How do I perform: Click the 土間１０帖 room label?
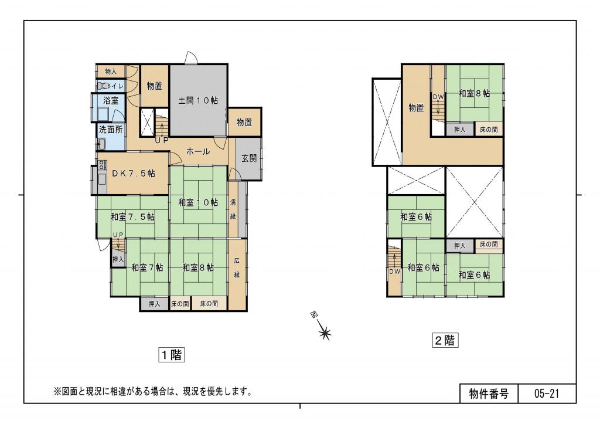point(198,101)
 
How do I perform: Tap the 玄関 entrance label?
point(248,158)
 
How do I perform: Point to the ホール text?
point(198,151)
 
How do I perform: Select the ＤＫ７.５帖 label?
point(134,174)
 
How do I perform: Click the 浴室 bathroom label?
point(111,100)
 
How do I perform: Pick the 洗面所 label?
point(110,129)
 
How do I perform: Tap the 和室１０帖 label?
point(198,202)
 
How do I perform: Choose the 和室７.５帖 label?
point(133,216)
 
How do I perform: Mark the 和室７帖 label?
point(146,267)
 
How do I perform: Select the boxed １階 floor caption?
point(172,355)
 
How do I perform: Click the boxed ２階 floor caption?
point(445,340)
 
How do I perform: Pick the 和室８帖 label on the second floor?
point(474,93)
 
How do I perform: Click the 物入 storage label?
point(111,71)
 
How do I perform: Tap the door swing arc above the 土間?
point(191,57)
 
